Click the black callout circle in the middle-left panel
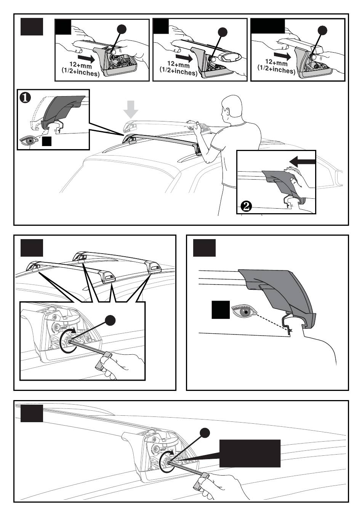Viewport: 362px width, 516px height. pos(111,320)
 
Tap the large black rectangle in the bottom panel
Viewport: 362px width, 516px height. pos(250,453)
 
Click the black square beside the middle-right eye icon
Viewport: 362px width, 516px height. pos(221,310)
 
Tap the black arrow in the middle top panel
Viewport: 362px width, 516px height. pos(185,58)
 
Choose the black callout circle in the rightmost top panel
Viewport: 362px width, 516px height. pos(322,30)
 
